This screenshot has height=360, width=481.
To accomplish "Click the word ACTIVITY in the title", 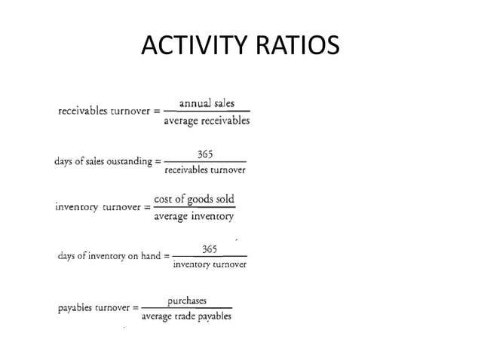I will pyautogui.click(x=192, y=47).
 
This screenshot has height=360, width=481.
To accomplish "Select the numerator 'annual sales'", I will pyautogui.click(x=207, y=104).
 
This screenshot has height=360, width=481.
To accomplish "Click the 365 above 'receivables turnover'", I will pyautogui.click(x=205, y=154).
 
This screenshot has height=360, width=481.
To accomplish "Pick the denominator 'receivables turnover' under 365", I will pyautogui.click(x=205, y=169).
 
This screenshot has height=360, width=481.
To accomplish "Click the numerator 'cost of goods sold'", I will pyautogui.click(x=194, y=200).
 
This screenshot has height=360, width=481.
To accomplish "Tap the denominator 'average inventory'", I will pyautogui.click(x=194, y=217).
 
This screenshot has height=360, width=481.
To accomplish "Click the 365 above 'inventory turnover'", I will pyautogui.click(x=210, y=249).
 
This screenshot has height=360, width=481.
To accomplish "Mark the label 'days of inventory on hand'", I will pyautogui.click(x=109, y=256).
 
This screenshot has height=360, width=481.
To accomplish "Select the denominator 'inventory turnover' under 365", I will pyautogui.click(x=210, y=264).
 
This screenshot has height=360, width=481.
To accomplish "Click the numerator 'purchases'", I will pyautogui.click(x=187, y=301).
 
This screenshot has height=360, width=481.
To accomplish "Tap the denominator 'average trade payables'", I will pyautogui.click(x=186, y=316).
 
